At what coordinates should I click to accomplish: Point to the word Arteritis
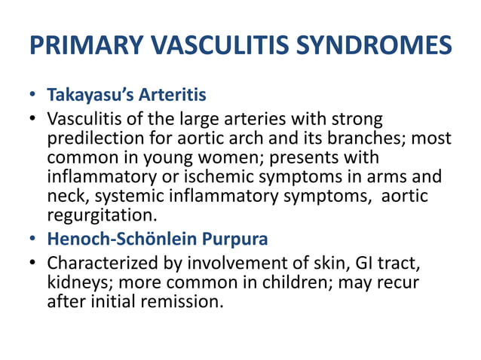[170, 96]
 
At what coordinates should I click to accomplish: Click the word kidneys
[76, 283]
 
